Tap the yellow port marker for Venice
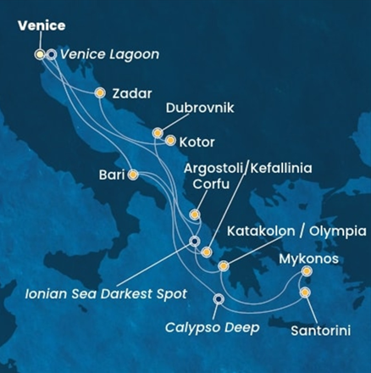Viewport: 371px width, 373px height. click(40, 54)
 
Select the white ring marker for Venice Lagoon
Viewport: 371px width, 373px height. click(52, 54)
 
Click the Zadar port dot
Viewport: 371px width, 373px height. click(100, 93)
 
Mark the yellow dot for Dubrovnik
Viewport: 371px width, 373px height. click(158, 132)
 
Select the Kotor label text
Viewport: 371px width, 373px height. click(198, 142)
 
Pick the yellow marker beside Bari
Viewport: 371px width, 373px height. click(133, 175)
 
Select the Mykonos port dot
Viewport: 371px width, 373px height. click(306, 271)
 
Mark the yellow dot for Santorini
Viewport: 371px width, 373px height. click(305, 293)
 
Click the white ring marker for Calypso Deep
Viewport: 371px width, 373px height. click(219, 298)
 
